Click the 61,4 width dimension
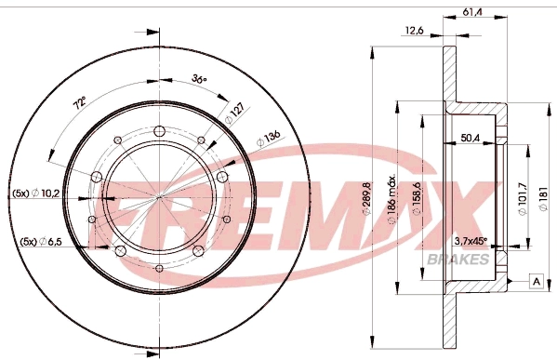coord(472,12)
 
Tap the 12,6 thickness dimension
coord(414,31)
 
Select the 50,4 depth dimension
coord(471,138)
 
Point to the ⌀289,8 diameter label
coord(366,198)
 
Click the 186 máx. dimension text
coord(391,199)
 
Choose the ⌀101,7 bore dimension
coord(523,198)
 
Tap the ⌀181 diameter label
coord(543,198)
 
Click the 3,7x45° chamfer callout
coord(471,241)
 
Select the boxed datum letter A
coord(537,282)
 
